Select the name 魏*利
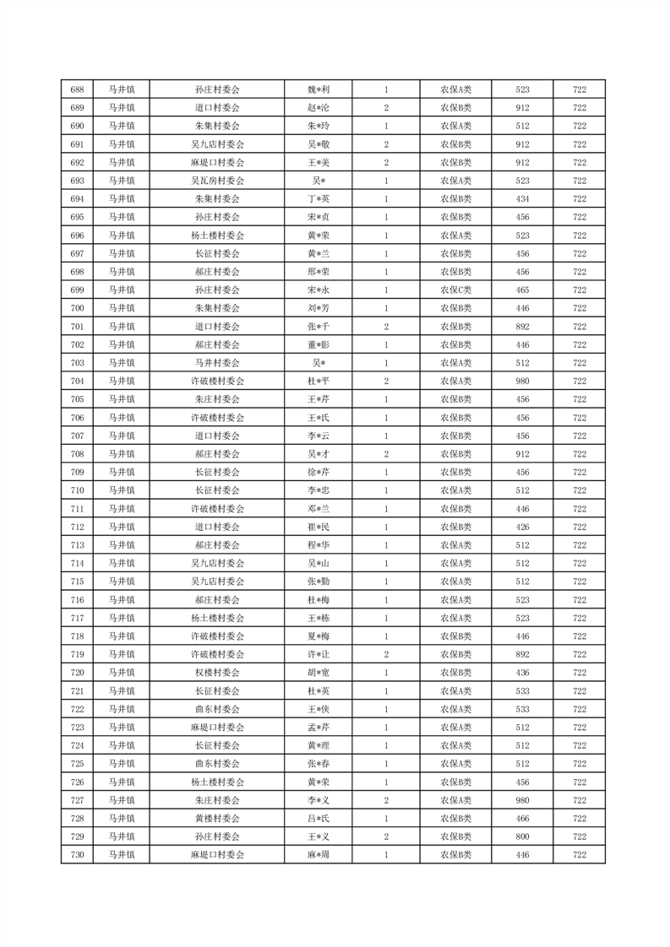coord(318,89)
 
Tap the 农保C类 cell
coord(455,290)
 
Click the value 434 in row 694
coord(522,199)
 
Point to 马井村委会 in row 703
coord(217,363)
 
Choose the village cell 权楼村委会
coord(217,673)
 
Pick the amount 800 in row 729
coord(522,836)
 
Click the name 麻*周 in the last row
coord(318,855)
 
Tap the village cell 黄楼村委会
coord(217,819)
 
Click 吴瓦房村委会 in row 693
coord(217,181)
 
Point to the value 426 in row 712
coord(522,527)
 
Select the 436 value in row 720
coord(522,673)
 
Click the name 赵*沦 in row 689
coord(318,108)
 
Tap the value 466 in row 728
coord(522,819)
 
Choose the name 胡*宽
coord(318,673)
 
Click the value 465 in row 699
coord(522,290)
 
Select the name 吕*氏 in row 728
coord(318,819)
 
